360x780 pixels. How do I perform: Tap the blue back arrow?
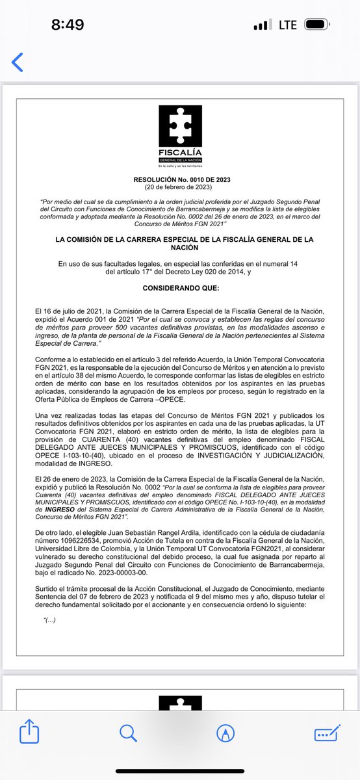pos(18,62)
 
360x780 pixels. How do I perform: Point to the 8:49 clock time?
pos(68,25)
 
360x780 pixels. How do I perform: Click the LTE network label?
pos(287,25)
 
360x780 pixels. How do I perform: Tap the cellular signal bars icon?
pos(261,25)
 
